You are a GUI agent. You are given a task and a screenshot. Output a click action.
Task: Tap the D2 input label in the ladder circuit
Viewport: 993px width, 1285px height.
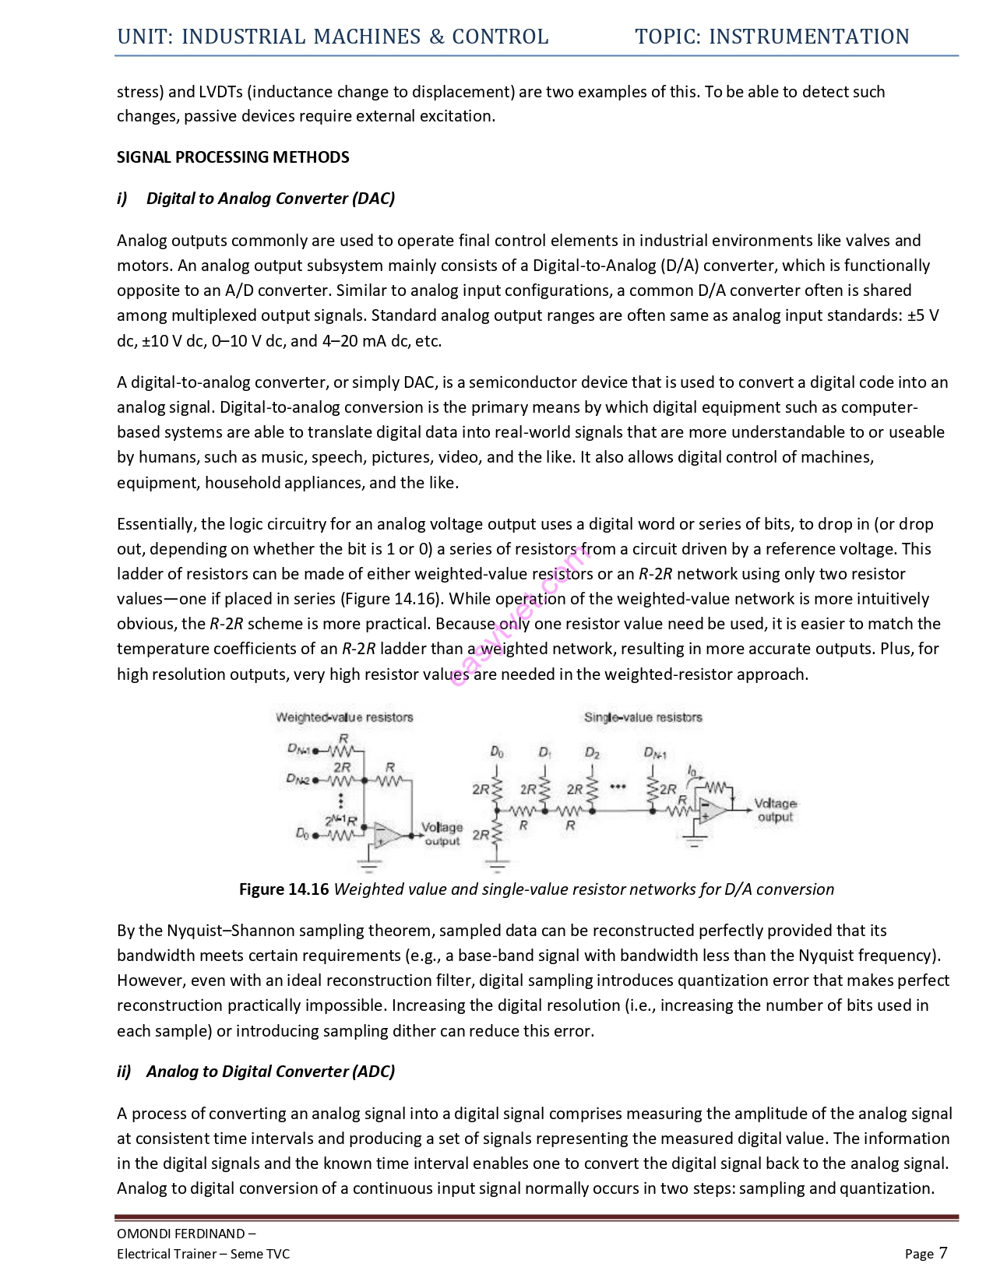(593, 753)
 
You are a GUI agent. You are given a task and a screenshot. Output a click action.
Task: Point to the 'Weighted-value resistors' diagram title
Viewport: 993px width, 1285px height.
(344, 717)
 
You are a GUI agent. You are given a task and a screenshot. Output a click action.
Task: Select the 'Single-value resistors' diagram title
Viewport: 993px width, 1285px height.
(643, 717)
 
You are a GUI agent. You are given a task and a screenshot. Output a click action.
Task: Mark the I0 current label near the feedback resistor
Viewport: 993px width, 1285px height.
(692, 770)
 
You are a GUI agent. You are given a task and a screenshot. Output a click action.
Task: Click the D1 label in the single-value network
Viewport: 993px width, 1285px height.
(545, 753)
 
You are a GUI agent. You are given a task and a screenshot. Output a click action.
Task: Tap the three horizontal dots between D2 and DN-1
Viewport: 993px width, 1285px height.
(618, 787)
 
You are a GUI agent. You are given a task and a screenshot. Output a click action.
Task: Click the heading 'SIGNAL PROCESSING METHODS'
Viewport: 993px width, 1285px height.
(233, 157)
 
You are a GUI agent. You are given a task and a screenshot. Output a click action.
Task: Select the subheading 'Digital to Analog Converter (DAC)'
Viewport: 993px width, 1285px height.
(270, 199)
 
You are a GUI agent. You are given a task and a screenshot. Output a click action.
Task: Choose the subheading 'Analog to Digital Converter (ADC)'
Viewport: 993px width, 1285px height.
(270, 1072)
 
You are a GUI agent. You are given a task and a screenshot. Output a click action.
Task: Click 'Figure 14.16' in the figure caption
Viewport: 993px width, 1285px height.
(283, 889)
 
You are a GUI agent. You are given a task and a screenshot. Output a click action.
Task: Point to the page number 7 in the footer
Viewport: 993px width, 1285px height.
(943, 1252)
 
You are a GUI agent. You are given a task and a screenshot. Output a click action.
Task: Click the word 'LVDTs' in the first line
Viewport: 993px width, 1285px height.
(221, 92)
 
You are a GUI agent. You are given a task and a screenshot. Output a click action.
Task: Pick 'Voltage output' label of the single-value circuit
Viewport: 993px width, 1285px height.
(775, 810)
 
